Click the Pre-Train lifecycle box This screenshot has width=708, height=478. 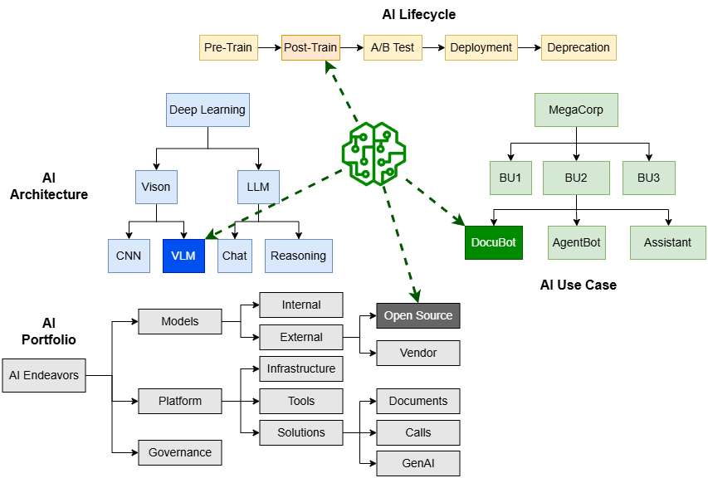[x=227, y=47]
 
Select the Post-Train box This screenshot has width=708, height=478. [x=310, y=47]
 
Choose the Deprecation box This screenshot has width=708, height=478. [x=579, y=47]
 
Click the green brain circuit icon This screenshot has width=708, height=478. [x=374, y=153]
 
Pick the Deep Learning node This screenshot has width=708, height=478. [x=207, y=110]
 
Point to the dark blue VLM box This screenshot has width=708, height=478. [x=183, y=256]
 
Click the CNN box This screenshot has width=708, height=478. [x=129, y=256]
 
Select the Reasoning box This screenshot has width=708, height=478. [x=298, y=256]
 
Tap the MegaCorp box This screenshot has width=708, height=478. [x=576, y=110]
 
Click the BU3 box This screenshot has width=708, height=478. [x=649, y=178]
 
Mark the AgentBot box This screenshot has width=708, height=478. [x=576, y=242]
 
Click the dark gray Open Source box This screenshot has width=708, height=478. [x=417, y=315]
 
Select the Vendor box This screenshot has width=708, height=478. [x=417, y=353]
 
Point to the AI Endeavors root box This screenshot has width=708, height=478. [x=44, y=375]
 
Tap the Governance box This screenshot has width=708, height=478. [x=180, y=452]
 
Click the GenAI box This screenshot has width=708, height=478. [x=417, y=463]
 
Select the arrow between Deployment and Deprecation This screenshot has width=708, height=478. [x=530, y=47]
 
